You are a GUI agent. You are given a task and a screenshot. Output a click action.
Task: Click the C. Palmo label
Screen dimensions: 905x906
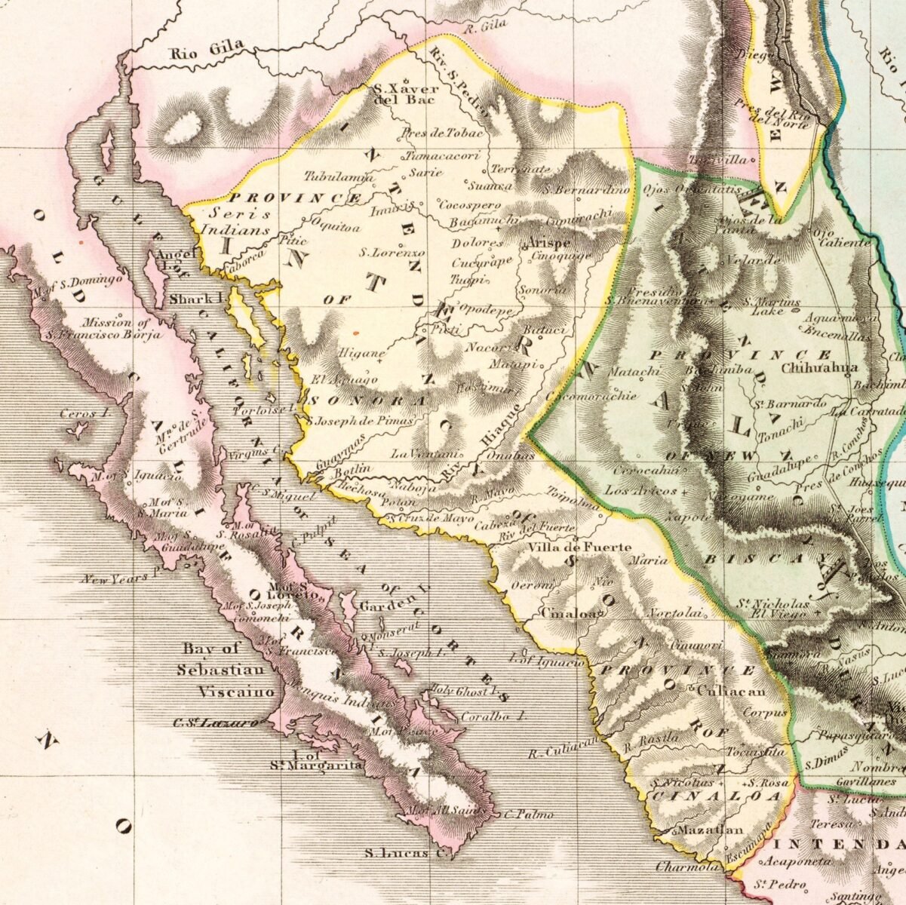click(x=529, y=814)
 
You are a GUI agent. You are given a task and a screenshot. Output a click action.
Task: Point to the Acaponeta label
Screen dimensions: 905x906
click(x=798, y=861)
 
